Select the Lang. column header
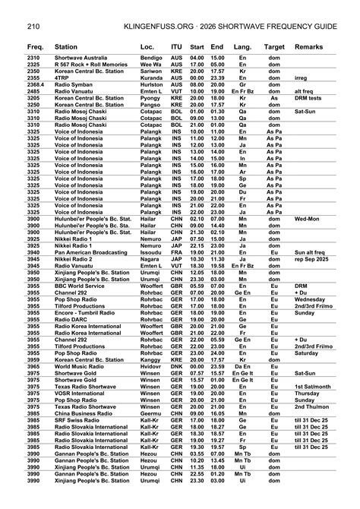point(243,47)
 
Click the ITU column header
point(176,47)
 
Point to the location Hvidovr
point(152,387)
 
